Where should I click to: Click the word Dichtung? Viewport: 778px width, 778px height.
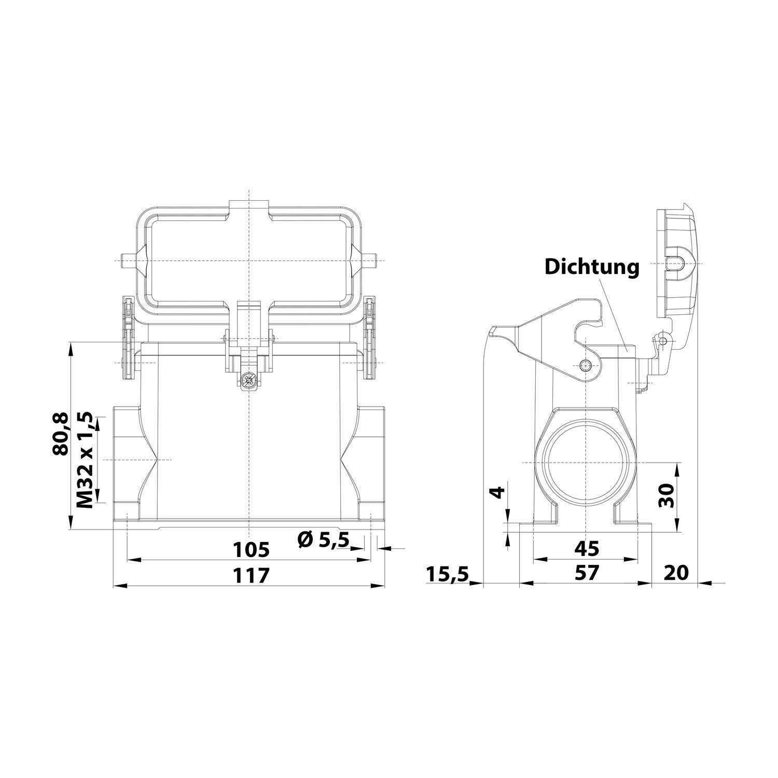pyautogui.click(x=591, y=268)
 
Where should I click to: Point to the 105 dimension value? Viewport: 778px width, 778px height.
pyautogui.click(x=251, y=549)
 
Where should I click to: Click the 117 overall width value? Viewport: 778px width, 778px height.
pyautogui.click(x=251, y=575)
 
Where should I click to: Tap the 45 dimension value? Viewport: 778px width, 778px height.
pyautogui.click(x=586, y=548)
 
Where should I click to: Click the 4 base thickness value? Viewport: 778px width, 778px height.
pyautogui.click(x=497, y=492)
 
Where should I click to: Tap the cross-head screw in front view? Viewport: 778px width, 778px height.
pyautogui.click(x=249, y=381)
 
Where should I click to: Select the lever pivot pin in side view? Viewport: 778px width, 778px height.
pyautogui.click(x=586, y=364)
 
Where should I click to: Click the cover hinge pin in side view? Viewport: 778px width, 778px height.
pyautogui.click(x=662, y=340)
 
